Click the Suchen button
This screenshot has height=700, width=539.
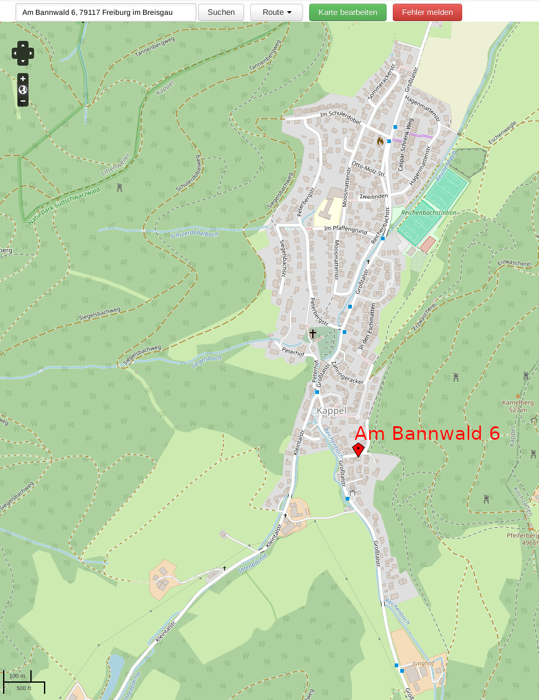click(x=221, y=12)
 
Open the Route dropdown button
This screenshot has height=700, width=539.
click(x=276, y=12)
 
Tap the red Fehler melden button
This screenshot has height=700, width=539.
click(x=427, y=12)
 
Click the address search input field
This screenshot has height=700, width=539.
click(x=106, y=12)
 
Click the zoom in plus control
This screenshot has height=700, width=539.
click(x=23, y=79)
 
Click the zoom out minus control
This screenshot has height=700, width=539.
click(x=23, y=101)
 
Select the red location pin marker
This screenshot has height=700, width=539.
click(x=358, y=449)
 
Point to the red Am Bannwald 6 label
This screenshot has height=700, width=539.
click(x=427, y=433)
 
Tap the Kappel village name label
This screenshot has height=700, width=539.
click(x=331, y=411)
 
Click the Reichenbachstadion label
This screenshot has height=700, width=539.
click(x=429, y=212)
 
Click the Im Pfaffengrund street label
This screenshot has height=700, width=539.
click(x=346, y=229)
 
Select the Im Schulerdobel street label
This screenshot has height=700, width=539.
click(x=340, y=115)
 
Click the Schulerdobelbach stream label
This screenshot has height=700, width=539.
click(x=194, y=234)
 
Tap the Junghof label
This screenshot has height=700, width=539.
click(x=422, y=663)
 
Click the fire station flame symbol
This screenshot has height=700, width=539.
click(x=380, y=141)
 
